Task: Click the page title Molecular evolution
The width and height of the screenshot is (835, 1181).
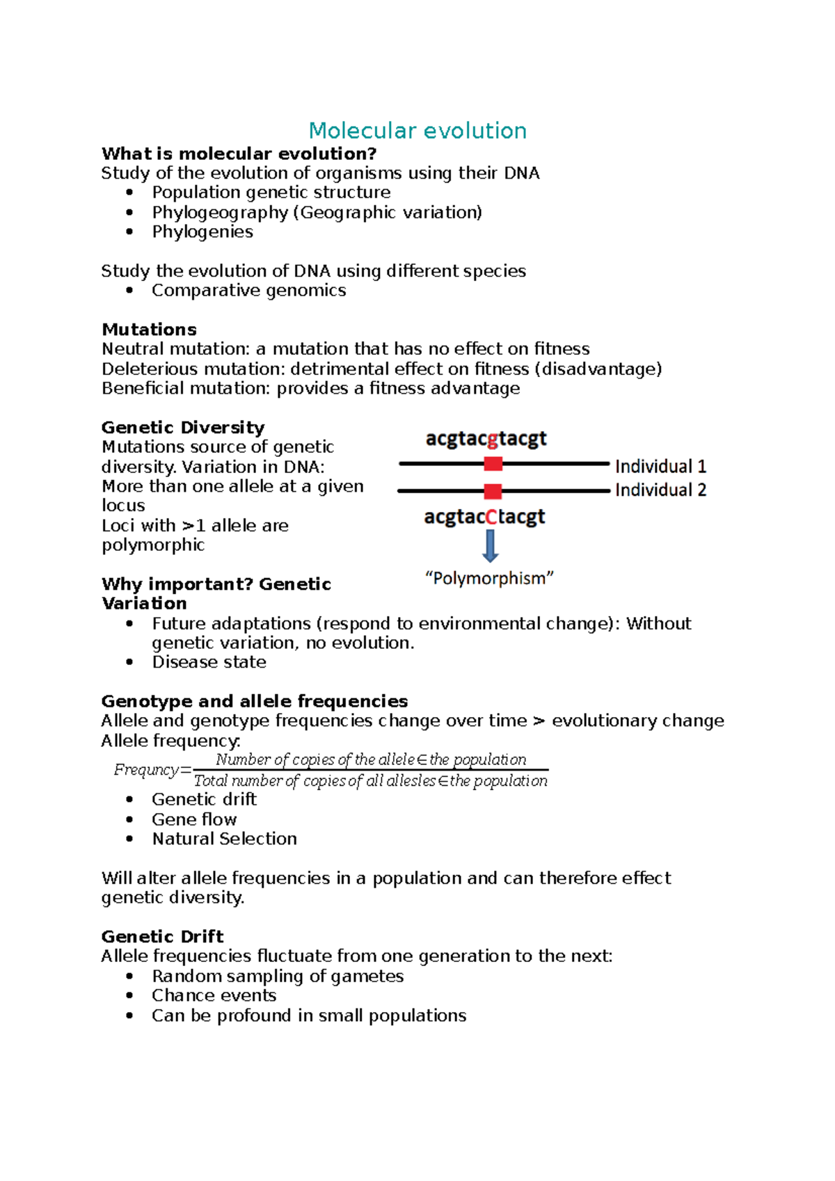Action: point(417,131)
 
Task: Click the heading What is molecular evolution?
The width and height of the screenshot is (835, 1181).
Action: point(239,154)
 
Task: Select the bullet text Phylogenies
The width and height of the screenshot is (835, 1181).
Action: point(202,232)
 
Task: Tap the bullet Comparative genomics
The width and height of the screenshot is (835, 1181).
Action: point(248,291)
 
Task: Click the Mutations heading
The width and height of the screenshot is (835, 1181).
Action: point(149,330)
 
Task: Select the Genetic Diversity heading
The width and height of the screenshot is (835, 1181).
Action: point(183,427)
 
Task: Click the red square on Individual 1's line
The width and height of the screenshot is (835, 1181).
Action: point(493,464)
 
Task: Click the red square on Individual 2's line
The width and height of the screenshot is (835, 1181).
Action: point(493,491)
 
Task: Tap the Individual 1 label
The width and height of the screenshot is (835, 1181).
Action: point(660,466)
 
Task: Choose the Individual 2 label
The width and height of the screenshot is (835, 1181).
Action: point(660,490)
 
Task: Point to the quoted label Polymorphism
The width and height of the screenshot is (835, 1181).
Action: point(489,579)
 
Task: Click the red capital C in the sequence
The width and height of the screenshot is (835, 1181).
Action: point(491,517)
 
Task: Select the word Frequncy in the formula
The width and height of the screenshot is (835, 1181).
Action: point(146,770)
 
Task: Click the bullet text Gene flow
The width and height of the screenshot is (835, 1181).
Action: point(194,819)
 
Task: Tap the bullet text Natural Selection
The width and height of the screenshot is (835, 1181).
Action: point(224,839)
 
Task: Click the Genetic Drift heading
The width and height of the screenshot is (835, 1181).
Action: point(162,936)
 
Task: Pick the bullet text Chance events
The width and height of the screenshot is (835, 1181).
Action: point(214,995)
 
